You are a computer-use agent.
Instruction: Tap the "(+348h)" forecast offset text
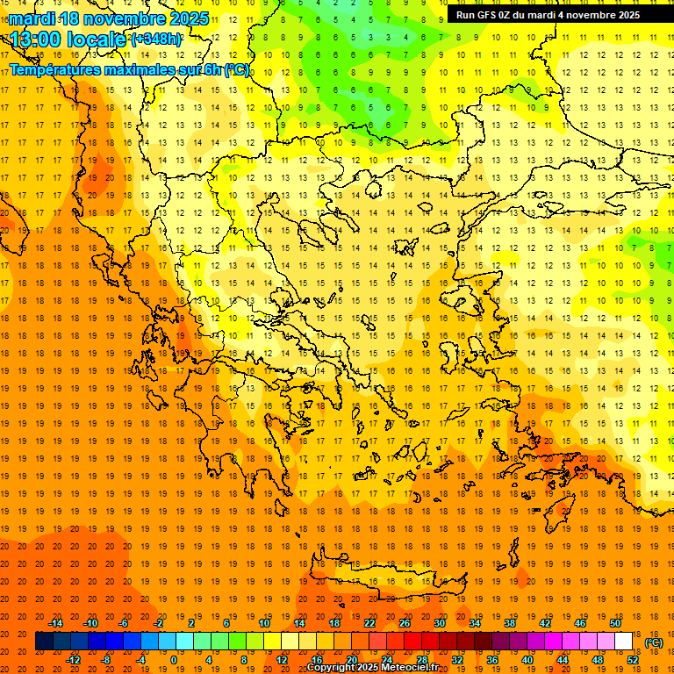[x=156, y=39]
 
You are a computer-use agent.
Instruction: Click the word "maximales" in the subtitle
[x=143, y=69]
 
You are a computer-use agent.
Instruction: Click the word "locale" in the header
[x=101, y=39]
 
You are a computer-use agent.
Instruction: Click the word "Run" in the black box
[x=466, y=15]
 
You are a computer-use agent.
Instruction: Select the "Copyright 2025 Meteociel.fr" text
[x=372, y=668]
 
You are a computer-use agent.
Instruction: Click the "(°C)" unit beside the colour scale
[x=654, y=642]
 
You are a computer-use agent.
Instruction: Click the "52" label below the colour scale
[x=633, y=660]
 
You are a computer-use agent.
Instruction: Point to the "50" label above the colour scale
[x=615, y=623]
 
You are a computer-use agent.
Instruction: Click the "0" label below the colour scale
[x=174, y=660]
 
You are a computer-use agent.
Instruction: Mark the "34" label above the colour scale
[x=475, y=623]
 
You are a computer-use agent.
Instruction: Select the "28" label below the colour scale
[x=422, y=660]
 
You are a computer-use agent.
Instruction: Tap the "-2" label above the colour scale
[x=159, y=623]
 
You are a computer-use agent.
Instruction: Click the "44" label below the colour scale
[x=563, y=660]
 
